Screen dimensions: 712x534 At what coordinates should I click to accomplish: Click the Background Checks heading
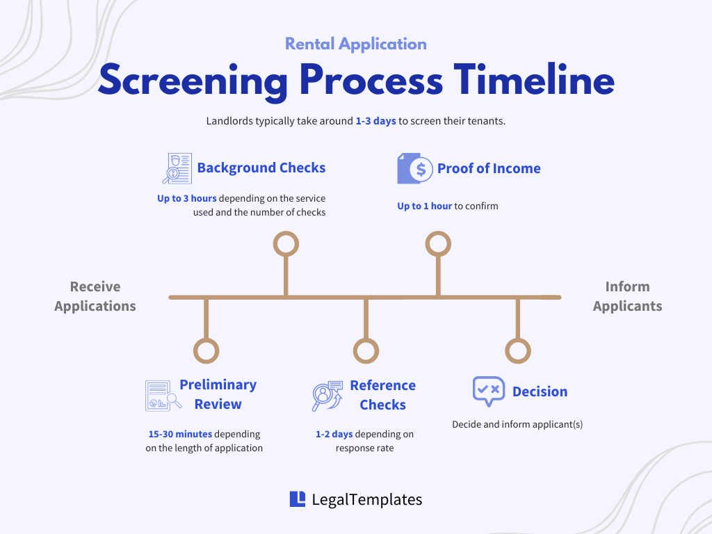click(261, 168)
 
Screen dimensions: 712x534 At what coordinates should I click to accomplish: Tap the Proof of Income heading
click(489, 168)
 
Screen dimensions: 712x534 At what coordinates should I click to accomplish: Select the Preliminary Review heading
click(218, 394)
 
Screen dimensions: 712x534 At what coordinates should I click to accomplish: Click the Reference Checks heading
click(383, 395)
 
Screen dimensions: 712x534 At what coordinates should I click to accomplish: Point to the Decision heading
click(540, 391)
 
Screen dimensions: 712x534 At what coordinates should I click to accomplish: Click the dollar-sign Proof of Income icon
click(415, 168)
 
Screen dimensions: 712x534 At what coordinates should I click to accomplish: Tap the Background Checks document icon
click(177, 168)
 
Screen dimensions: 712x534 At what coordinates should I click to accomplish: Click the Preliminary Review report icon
click(163, 396)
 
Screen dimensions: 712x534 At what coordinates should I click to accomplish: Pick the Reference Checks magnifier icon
click(327, 396)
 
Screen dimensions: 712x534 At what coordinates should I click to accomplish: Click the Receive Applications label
click(95, 296)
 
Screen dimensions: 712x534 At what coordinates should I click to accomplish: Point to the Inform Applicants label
click(628, 296)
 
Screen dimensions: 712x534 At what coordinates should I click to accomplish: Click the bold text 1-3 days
click(375, 121)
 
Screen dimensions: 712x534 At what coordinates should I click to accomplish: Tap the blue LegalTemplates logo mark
click(298, 499)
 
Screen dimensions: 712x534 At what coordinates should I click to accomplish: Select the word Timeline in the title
click(535, 79)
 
